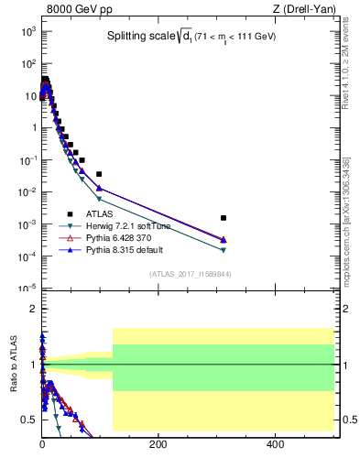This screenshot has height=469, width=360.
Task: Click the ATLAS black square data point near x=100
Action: (x=99, y=174)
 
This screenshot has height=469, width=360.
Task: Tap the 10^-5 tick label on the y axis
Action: (x=27, y=289)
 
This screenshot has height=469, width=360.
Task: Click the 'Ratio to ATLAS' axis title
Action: (x=14, y=365)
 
